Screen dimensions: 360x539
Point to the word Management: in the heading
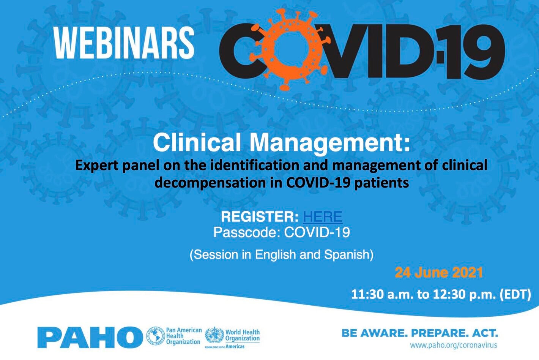click(x=330, y=143)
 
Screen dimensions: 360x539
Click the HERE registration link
click(x=323, y=217)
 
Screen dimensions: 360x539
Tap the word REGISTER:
click(x=260, y=217)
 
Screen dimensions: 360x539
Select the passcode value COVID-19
click(x=317, y=232)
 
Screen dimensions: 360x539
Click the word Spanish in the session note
click(x=347, y=254)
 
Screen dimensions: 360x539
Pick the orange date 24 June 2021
click(x=439, y=273)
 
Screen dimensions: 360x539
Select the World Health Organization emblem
click(x=214, y=336)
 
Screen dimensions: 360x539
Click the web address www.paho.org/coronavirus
click(x=453, y=346)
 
